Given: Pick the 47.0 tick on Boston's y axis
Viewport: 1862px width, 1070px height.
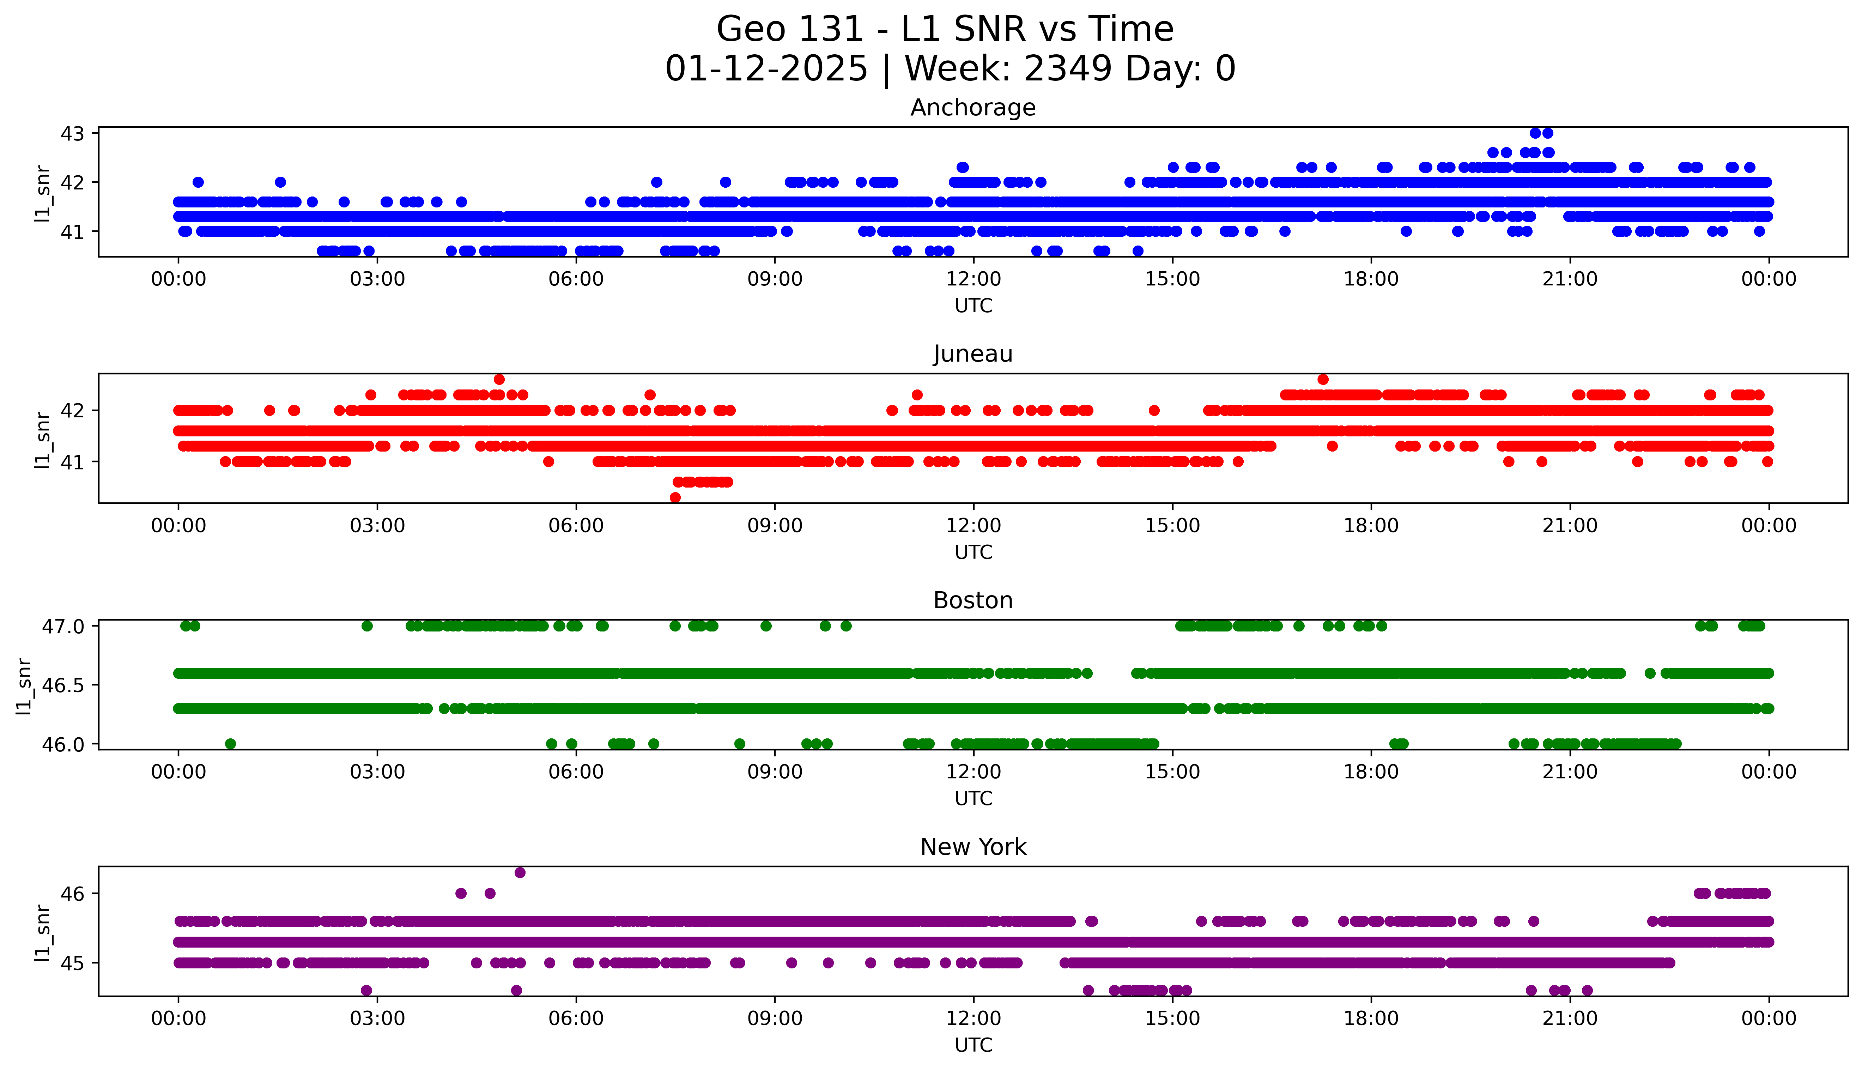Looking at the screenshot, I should pos(63,626).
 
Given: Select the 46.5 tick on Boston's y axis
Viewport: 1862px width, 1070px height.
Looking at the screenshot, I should pos(63,685).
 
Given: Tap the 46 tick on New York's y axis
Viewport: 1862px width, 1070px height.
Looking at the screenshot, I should pos(73,894).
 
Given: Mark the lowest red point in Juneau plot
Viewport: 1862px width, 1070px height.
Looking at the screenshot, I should pos(675,497).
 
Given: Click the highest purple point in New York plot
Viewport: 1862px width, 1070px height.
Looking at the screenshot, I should pos(520,872).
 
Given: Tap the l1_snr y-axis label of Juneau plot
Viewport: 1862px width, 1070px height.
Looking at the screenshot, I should pos(43,440).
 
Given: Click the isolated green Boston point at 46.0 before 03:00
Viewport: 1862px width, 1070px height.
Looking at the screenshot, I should pos(230,744).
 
